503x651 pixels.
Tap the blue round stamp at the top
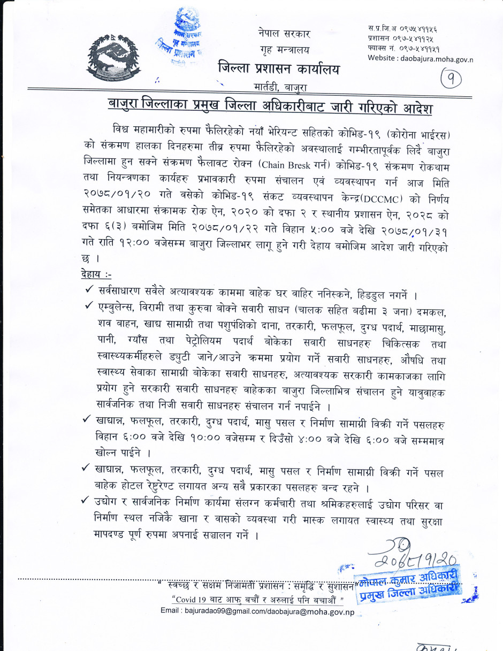(178, 40)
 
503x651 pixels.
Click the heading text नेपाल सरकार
(283, 33)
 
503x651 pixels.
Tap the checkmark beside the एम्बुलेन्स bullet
(89, 307)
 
